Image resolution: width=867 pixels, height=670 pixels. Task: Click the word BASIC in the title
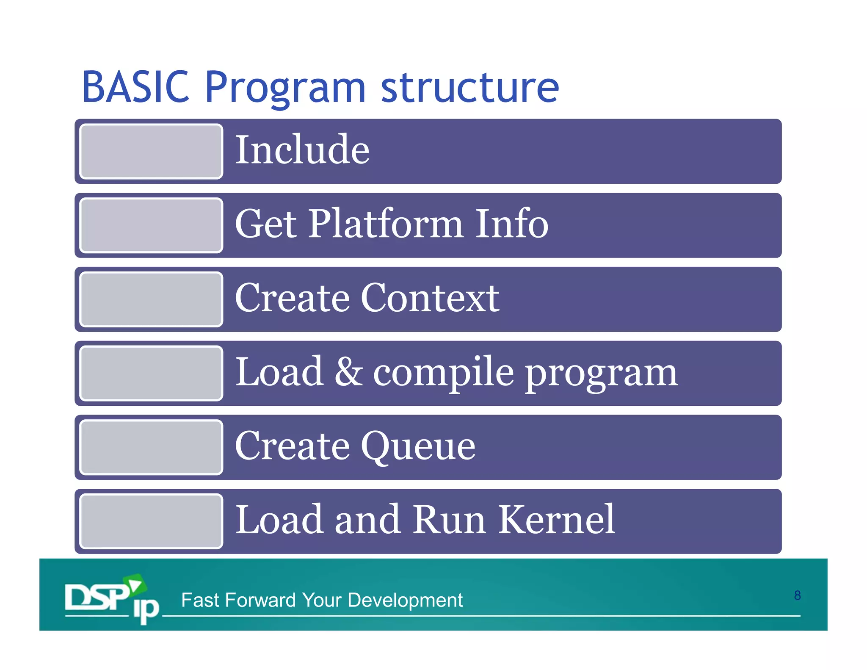pos(135,87)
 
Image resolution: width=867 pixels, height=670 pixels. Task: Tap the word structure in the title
pos(470,87)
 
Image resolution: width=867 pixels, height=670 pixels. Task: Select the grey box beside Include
pos(151,151)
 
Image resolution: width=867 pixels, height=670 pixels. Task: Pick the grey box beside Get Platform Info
pos(151,225)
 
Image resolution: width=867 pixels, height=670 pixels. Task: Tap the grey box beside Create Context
pos(151,299)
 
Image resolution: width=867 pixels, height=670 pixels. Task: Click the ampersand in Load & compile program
pos(348,372)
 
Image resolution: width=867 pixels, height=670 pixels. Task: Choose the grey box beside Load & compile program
pos(151,373)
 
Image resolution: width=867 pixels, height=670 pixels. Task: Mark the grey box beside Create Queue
pos(151,447)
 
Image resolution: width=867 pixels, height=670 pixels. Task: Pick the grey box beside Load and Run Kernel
pos(151,521)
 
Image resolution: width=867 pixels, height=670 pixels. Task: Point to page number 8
pos(797,595)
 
